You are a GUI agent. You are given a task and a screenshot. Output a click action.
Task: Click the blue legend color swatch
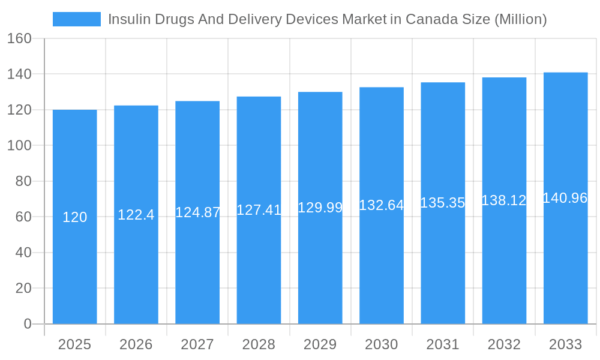tap(76, 19)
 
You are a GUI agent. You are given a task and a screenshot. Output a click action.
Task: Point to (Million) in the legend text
tap(520, 19)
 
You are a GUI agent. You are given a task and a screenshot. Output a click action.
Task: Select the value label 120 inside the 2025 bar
tap(75, 217)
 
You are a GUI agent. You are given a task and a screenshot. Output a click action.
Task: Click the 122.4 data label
tap(136, 215)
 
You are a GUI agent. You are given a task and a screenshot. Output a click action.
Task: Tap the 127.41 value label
tap(259, 210)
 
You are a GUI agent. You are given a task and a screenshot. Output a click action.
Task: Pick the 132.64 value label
tap(382, 205)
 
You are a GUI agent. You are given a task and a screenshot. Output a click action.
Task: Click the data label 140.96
tap(565, 198)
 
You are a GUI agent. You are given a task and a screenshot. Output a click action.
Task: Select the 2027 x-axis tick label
tap(197, 344)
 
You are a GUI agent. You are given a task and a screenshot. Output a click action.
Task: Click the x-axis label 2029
tap(320, 344)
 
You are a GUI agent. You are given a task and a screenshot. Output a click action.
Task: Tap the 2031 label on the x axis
tap(443, 344)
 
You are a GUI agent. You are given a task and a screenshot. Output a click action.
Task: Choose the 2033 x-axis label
tap(565, 344)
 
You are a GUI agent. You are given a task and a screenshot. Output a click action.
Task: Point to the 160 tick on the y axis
tap(19, 38)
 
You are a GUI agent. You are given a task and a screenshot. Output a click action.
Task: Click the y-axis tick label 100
tap(19, 145)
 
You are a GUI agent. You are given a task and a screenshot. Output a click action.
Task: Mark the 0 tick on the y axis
tap(28, 324)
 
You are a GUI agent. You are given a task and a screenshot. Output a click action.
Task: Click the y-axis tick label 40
tap(23, 253)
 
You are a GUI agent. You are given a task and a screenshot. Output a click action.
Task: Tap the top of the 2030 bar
tap(382, 88)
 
